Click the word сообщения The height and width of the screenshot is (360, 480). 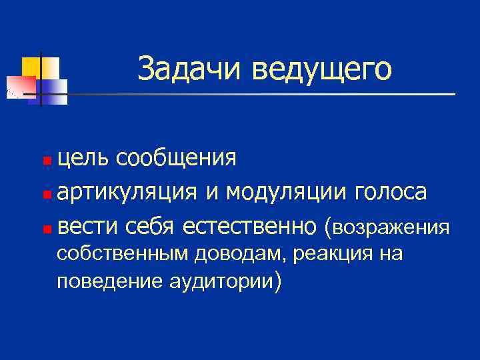(x=175, y=159)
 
